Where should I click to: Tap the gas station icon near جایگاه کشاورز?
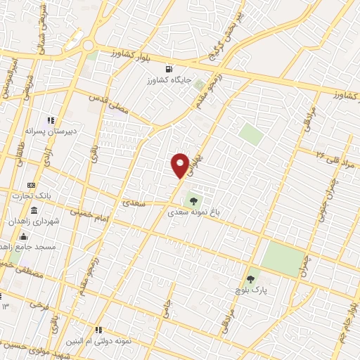(x=169, y=69)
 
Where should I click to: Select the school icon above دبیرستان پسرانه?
(x=51, y=120)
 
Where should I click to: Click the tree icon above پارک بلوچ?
(x=250, y=280)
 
